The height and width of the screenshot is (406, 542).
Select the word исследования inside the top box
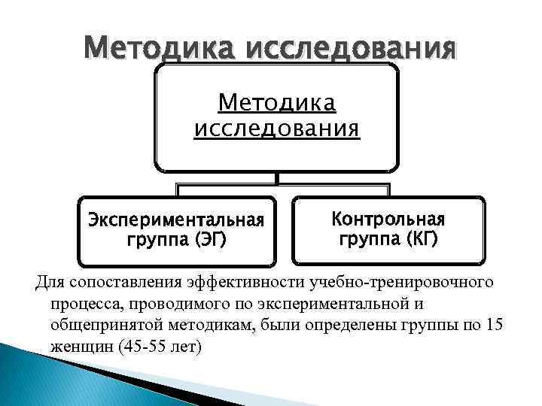coord(276,128)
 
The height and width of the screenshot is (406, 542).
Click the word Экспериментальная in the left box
coord(176,220)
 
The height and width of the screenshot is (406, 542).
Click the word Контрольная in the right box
coord(388,220)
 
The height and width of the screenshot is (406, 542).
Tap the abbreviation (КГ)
coord(416,240)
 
